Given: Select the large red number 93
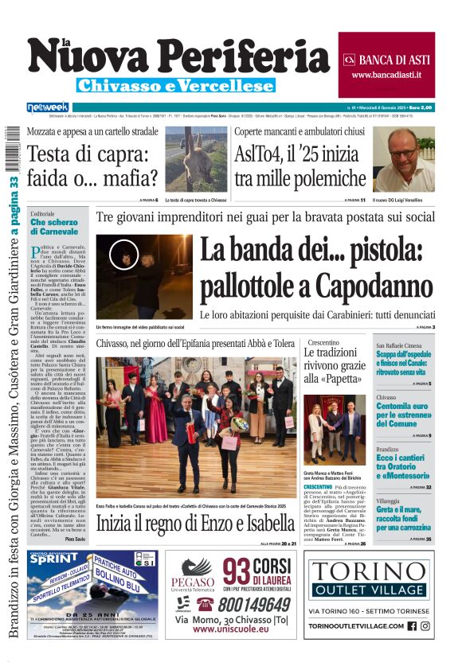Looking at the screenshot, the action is pos(237,572).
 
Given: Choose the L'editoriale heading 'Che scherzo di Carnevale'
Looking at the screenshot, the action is pos(54,228).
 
